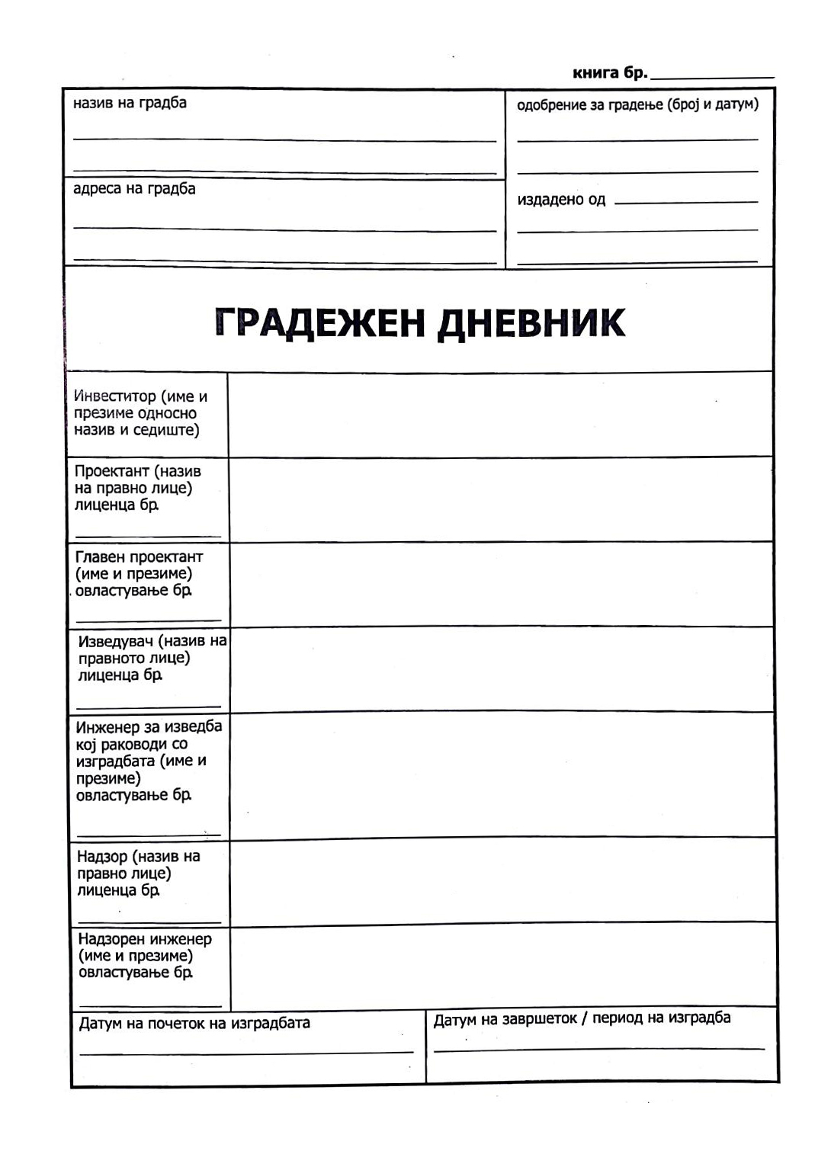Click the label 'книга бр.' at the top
coord(609,73)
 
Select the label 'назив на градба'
coord(130,103)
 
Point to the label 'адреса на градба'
coord(134,188)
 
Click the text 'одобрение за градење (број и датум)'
coord(637,104)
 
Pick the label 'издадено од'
coord(561,200)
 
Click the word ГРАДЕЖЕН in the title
coord(319,322)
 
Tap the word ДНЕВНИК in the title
coord(531,322)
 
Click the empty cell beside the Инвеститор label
coord(500,415)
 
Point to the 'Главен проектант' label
coord(140,557)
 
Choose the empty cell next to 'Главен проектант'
coord(500,585)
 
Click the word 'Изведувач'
coord(115,641)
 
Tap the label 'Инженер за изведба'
coord(149,726)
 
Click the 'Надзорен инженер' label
coord(145,939)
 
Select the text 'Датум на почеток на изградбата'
coord(194,1023)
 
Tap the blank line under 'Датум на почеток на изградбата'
coord(245,1053)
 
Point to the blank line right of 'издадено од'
coord(686,202)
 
